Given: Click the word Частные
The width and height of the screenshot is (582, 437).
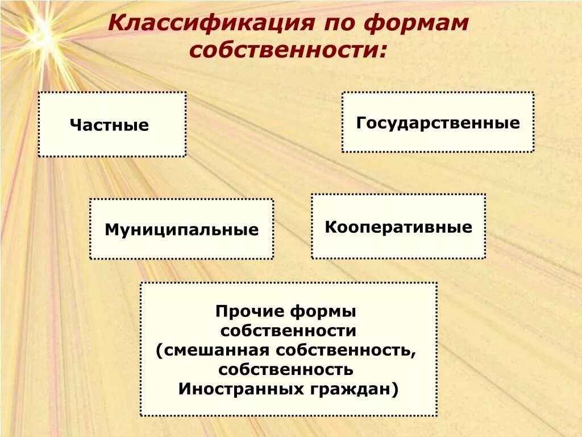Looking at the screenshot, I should pyautogui.click(x=109, y=125).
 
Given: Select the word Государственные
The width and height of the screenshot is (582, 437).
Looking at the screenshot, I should pyautogui.click(x=438, y=123).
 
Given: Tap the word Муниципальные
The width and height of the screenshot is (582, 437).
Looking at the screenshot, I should pyautogui.click(x=181, y=230).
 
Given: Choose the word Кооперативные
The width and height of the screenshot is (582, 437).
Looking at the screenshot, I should pyautogui.click(x=398, y=228).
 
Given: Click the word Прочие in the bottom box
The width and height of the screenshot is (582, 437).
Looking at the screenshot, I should pyautogui.click(x=250, y=312).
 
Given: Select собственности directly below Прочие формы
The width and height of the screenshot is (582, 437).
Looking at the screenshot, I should pyautogui.click(x=288, y=331).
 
